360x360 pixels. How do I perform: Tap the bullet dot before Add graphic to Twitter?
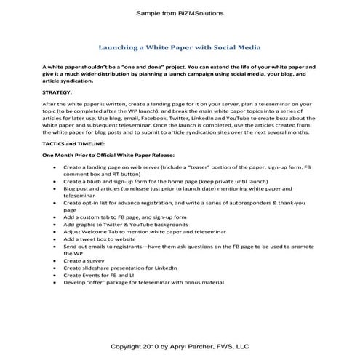[x=57, y=225]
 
